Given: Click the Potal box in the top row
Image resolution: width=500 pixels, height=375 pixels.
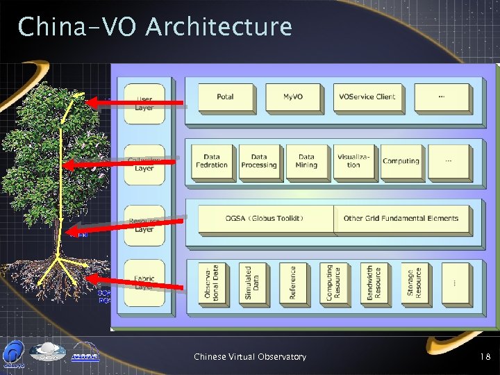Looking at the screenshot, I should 225,97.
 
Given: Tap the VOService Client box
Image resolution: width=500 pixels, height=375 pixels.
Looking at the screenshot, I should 366,97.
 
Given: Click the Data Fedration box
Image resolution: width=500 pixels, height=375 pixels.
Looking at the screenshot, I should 212,162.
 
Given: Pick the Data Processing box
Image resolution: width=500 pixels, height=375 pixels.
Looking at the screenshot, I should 259,162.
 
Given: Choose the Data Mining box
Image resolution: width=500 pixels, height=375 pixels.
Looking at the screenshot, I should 306,162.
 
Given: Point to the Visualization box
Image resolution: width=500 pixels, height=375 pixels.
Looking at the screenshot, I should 353,162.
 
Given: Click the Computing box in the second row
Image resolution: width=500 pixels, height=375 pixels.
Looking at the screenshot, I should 401,162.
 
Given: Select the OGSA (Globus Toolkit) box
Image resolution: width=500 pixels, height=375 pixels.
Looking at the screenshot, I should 265,219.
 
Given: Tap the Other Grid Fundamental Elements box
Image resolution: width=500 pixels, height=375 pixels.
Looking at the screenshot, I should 401,219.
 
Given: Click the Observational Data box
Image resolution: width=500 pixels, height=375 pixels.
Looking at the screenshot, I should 212,283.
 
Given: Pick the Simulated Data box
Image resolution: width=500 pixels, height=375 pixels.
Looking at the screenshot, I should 252,283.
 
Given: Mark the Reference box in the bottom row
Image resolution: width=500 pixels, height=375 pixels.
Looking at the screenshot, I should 292,283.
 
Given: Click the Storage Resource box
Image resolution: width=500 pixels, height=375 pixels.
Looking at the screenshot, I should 414,283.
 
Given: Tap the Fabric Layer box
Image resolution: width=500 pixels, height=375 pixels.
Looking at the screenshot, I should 144,282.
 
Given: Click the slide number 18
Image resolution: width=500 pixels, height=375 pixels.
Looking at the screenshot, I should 485,357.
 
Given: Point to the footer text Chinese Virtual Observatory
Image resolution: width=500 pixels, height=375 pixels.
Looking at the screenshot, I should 250,357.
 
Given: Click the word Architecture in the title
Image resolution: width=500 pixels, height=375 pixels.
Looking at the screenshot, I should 219,28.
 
